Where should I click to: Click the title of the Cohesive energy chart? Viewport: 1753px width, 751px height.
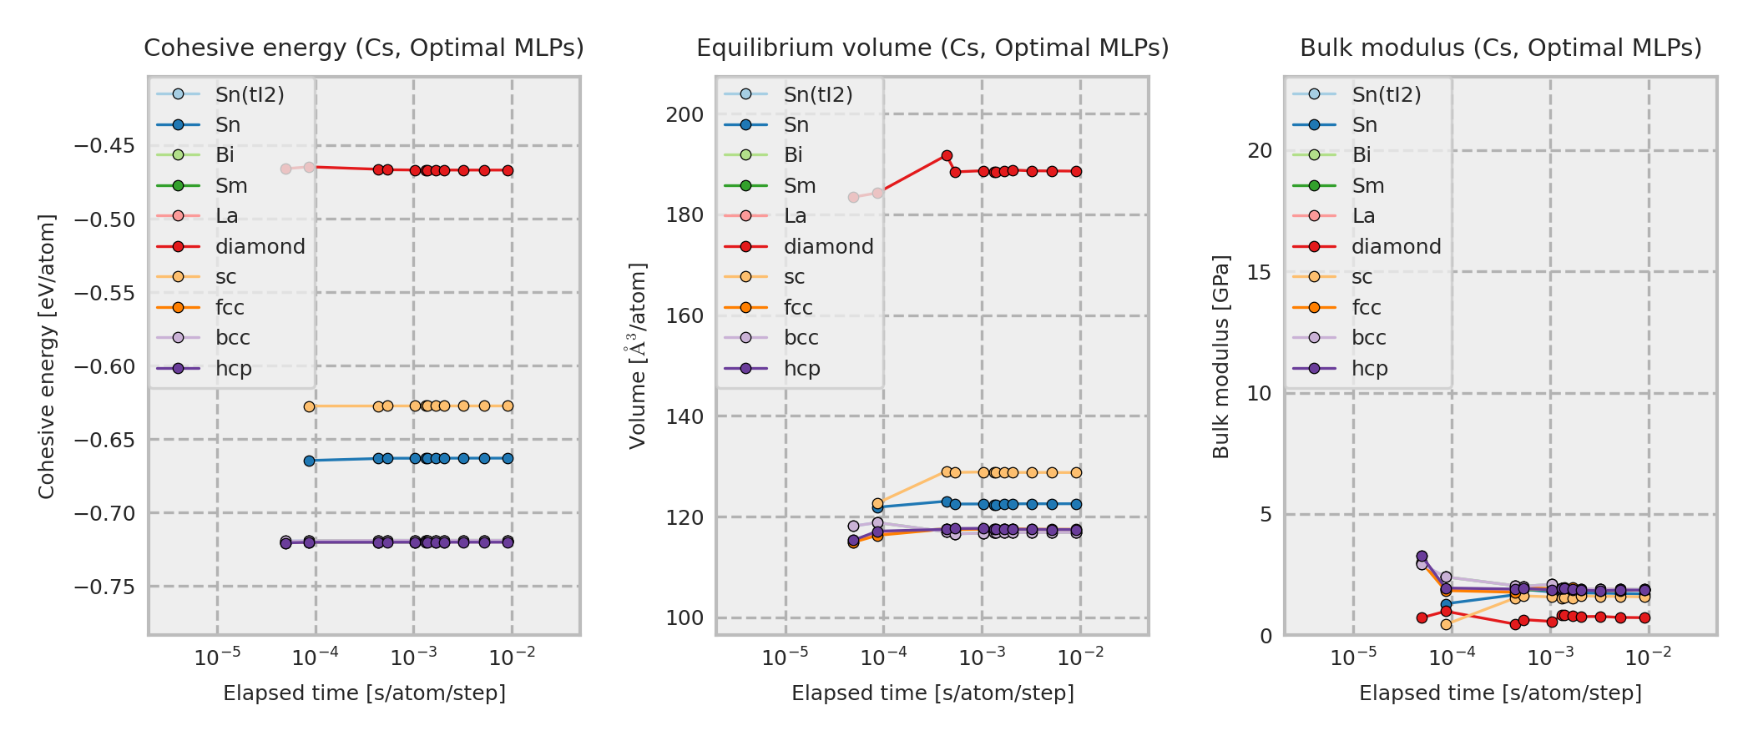tap(364, 48)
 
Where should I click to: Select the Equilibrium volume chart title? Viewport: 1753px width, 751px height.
tap(932, 48)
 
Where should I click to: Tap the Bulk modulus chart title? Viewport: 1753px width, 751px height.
tap(1500, 48)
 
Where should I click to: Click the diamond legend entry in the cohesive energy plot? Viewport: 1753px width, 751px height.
tap(260, 247)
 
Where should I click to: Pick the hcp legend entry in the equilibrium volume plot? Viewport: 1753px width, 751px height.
tap(801, 369)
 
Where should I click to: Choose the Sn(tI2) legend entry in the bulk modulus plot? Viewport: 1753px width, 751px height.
tap(1386, 95)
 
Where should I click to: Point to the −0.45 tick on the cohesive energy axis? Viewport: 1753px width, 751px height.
tap(104, 146)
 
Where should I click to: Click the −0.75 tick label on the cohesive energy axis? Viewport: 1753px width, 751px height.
tap(104, 587)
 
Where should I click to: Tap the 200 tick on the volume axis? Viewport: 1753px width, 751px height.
tap(685, 115)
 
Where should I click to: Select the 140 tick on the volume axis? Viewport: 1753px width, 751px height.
tap(685, 416)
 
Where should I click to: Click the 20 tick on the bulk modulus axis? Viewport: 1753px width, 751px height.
tap(1260, 151)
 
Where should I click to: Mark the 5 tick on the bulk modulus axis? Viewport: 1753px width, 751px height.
tap(1266, 515)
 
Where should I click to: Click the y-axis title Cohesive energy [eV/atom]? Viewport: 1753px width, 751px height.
tap(47, 357)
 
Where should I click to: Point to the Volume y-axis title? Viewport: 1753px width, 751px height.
tap(638, 356)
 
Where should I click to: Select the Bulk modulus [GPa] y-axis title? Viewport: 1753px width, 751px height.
tap(1221, 357)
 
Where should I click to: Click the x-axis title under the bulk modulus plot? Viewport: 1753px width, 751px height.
tap(1500, 693)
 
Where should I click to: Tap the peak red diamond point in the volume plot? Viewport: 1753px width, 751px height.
tap(947, 156)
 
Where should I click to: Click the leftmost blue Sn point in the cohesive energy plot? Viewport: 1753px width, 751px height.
tap(309, 461)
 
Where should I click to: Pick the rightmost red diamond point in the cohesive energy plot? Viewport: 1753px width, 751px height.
tap(508, 171)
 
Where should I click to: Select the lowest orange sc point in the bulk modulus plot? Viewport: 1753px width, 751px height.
tap(1446, 624)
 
